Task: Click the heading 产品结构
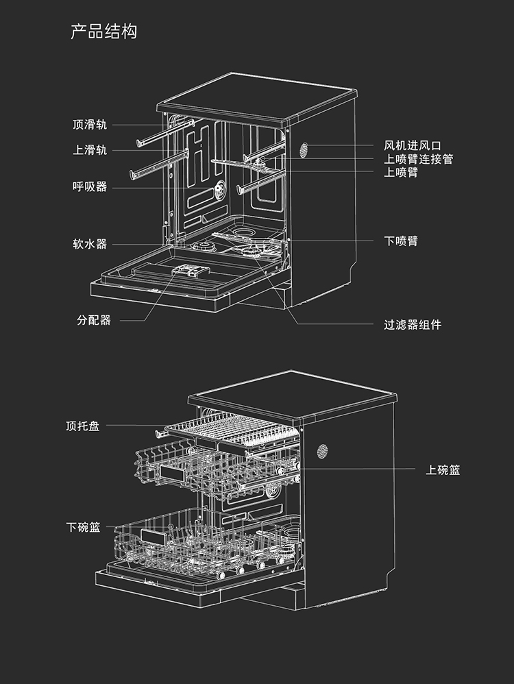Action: [x=104, y=32]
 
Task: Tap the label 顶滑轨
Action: [x=90, y=125]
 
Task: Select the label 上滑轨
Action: [x=90, y=150]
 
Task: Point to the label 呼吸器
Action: [x=90, y=186]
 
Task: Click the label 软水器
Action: [x=90, y=243]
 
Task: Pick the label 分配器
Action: [x=94, y=320]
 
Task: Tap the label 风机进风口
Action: [x=413, y=145]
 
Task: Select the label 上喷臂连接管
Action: [x=418, y=159]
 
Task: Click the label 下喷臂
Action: [x=401, y=241]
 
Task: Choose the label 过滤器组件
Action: [x=413, y=324]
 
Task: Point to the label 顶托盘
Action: [x=83, y=426]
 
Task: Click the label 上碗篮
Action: [x=443, y=470]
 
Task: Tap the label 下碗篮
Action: [x=83, y=527]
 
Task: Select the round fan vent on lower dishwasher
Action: [x=322, y=451]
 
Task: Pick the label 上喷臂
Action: [x=401, y=172]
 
